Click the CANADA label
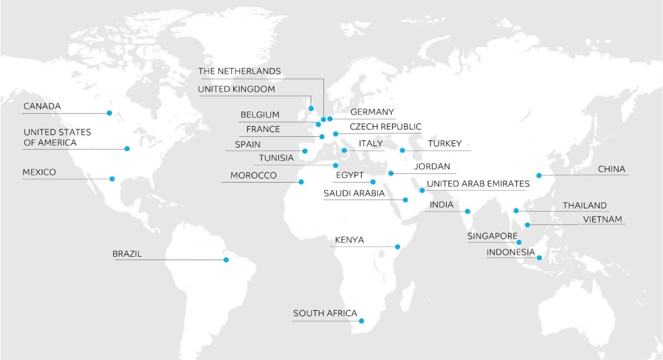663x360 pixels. tap(42, 107)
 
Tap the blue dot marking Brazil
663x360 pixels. tap(226, 260)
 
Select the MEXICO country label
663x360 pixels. tap(39, 173)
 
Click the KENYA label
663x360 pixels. tap(349, 240)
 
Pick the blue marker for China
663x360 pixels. tap(538, 176)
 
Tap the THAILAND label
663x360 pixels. tap(585, 206)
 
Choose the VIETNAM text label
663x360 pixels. tap(603, 220)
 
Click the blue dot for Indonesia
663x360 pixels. tap(539, 258)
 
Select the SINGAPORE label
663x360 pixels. tap(493, 237)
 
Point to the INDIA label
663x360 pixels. tap(441, 205)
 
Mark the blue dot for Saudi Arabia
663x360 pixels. tap(405, 200)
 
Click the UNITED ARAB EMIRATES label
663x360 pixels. tap(478, 183)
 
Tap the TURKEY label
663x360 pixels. tap(445, 144)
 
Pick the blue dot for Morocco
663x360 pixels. tap(301, 182)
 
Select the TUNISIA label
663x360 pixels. tap(276, 158)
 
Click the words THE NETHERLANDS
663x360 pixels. tap(239, 71)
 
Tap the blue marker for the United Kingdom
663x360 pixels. tap(311, 108)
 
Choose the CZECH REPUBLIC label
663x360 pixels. tap(385, 127)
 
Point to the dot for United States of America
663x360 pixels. tap(126, 148)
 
